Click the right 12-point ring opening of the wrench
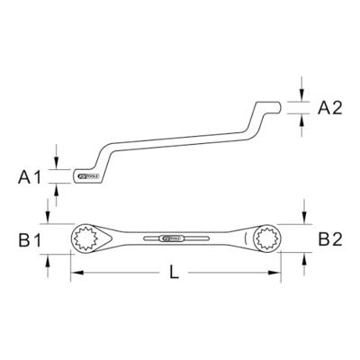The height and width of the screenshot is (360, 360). tap(266, 239)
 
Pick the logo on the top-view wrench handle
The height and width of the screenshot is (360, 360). tap(171, 240)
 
